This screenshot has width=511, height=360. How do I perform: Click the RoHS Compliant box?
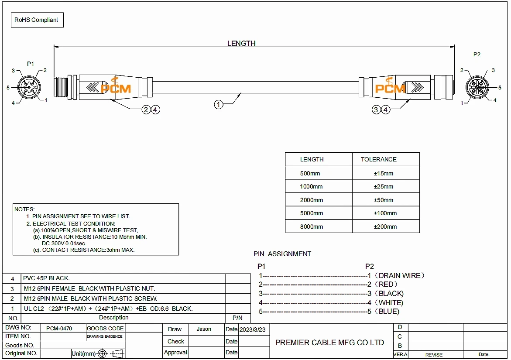point(37,20)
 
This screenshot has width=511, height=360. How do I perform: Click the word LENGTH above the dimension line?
point(241,43)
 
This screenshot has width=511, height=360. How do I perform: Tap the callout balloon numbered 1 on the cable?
point(219,104)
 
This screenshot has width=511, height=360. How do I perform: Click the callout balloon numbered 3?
point(377,110)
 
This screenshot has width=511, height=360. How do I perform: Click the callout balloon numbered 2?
point(146,110)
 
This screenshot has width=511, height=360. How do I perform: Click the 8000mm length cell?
point(312,226)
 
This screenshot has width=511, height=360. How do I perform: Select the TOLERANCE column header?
point(378,159)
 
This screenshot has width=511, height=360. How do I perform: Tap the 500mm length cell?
point(310,173)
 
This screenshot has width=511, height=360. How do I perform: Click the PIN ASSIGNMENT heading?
point(282,254)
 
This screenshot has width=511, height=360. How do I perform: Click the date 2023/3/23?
point(252,329)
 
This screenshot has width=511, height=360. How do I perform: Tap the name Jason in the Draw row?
point(204,329)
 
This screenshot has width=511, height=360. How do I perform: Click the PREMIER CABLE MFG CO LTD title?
point(329,343)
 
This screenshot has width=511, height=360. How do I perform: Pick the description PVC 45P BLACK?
point(46,278)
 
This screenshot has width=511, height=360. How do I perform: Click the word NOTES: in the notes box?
point(24,209)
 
